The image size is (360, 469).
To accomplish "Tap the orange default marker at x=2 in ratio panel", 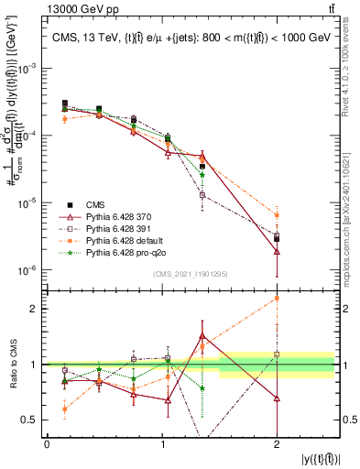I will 277,298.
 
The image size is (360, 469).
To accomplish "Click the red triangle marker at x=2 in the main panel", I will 277,251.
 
